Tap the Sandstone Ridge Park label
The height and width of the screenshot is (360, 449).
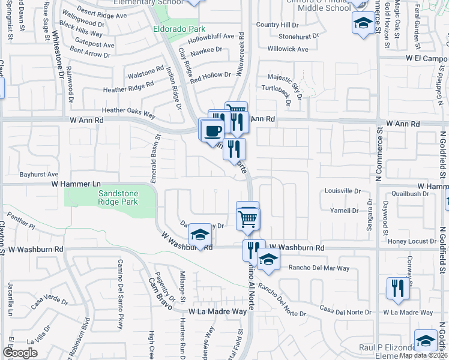coord(118,197)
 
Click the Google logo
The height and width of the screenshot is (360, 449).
coord(20,352)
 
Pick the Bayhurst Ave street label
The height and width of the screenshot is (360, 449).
coord(38,174)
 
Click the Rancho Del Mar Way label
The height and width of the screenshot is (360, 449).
coord(319,268)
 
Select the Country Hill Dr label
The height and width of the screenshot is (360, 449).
coord(277,25)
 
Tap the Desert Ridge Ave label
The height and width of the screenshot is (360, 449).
coord(87,13)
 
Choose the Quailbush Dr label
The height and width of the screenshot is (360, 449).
coord(409,194)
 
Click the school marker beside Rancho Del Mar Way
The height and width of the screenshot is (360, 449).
coord(269,259)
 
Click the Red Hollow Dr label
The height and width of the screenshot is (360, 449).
coord(211,75)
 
